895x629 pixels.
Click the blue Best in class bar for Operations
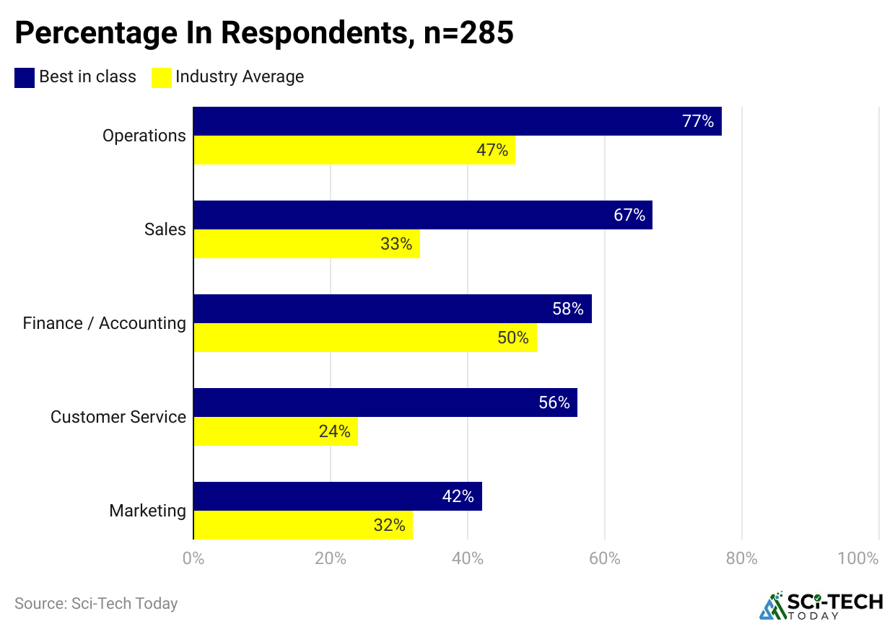433,121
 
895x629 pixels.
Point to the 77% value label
698,121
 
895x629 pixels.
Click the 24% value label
334,431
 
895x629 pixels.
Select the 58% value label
568,309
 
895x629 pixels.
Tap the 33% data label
396,244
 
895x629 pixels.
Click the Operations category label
144,136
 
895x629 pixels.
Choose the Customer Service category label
118,417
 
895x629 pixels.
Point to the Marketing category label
147,511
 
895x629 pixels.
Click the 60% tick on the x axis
605,558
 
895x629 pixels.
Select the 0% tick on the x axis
193,558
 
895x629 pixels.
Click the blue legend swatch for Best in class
25,77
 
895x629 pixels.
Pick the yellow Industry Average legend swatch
161,77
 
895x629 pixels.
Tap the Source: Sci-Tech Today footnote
96,603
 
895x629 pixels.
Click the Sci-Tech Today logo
821,606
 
